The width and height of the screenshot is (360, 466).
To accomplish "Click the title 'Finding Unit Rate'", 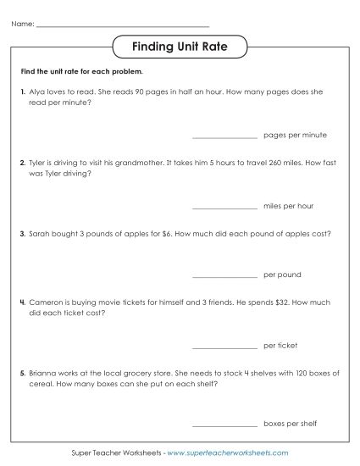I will tap(180, 46).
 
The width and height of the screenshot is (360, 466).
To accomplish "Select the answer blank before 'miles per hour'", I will tap(224, 206).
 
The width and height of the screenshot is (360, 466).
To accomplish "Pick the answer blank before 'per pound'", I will tap(224, 275).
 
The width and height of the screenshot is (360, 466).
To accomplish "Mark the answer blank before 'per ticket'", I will tap(224, 346).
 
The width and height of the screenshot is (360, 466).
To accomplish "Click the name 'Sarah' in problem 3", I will tap(39, 230).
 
